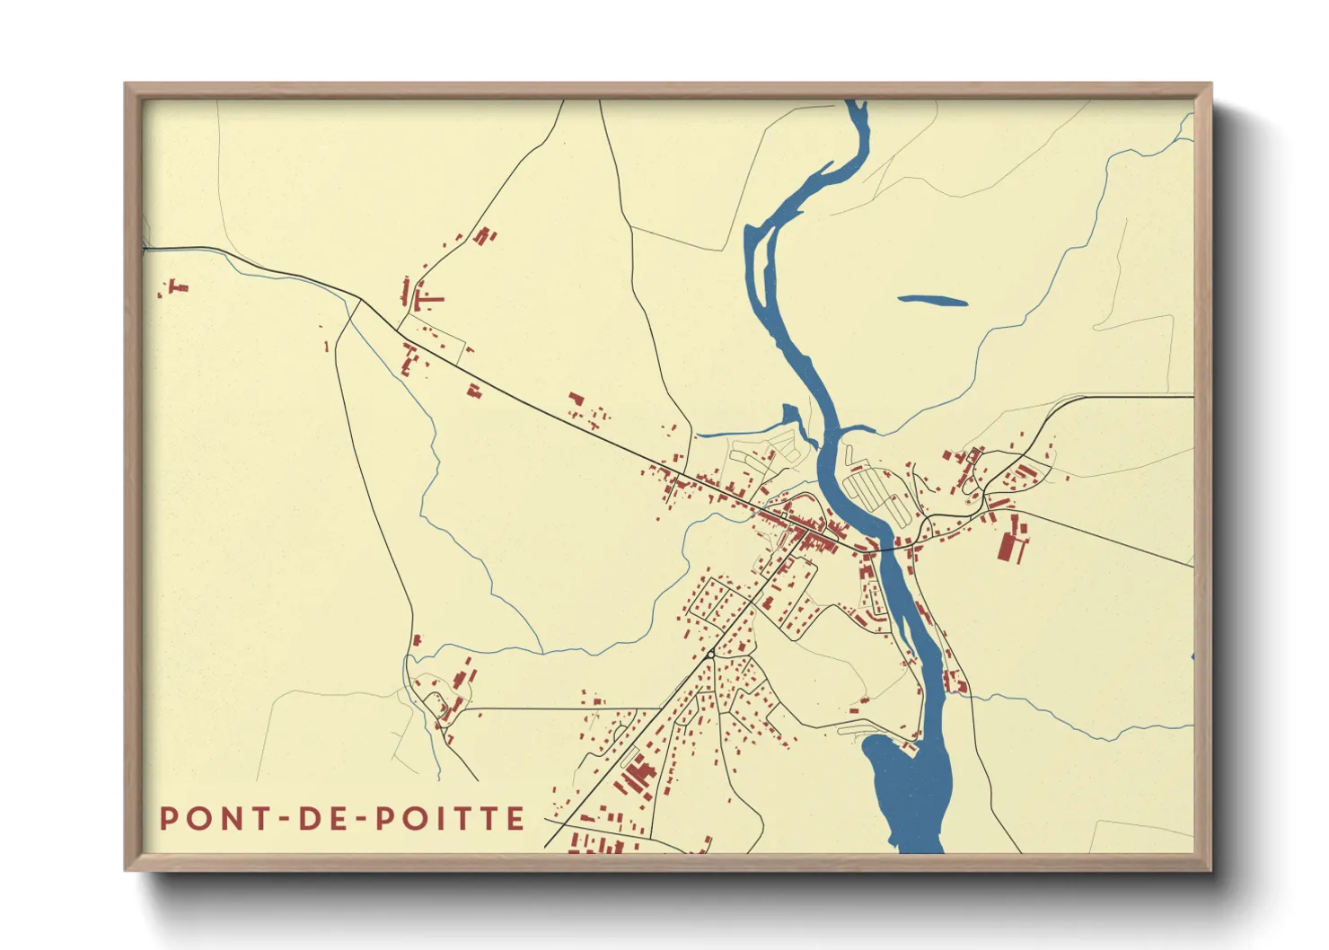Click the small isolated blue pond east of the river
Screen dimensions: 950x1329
(x=933, y=301)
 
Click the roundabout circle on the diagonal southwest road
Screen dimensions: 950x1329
(x=710, y=655)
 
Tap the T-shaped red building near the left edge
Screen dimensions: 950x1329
(x=178, y=287)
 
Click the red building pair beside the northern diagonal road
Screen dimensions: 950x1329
(x=485, y=236)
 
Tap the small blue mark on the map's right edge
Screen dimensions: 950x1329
(x=1192, y=657)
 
